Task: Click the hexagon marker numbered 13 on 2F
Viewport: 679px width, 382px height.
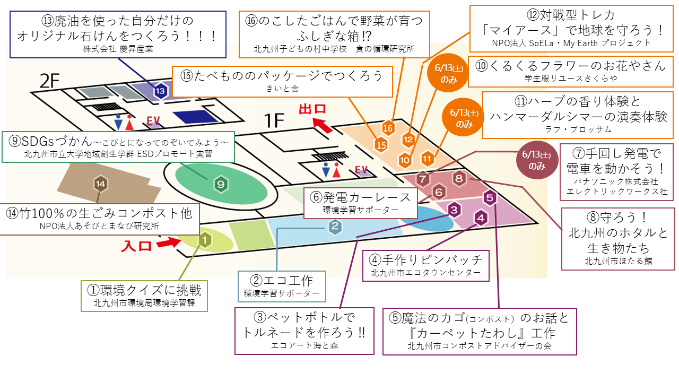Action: tap(160, 91)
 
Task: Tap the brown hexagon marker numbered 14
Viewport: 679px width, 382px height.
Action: tap(101, 184)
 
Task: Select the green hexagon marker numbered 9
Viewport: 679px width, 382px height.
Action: tap(221, 184)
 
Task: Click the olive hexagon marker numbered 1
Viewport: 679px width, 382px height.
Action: tap(205, 240)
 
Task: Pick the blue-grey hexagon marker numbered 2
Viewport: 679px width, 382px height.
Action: tap(335, 226)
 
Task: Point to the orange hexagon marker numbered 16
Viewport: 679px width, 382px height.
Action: tap(388, 128)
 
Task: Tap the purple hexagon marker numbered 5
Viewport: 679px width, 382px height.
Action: tap(490, 198)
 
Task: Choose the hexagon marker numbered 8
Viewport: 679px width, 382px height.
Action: tap(459, 178)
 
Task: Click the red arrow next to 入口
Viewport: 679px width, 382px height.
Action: tap(169, 243)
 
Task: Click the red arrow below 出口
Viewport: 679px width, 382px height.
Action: tap(323, 125)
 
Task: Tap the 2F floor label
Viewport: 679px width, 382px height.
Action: tap(49, 81)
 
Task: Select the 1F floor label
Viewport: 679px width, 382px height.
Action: tap(274, 120)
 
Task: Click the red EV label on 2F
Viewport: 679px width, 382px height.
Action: tap(153, 121)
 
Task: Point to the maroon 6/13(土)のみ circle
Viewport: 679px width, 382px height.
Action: tap(537, 160)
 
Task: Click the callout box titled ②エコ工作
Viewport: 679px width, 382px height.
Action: tap(282, 286)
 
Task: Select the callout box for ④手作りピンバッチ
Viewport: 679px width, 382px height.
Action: tap(426, 266)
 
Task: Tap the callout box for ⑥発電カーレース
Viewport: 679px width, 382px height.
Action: tap(360, 203)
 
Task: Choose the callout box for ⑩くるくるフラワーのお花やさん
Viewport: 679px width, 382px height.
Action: tap(570, 72)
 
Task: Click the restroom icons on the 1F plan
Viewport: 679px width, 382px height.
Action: tap(331, 170)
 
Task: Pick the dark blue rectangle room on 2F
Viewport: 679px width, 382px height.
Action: tap(196, 116)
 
